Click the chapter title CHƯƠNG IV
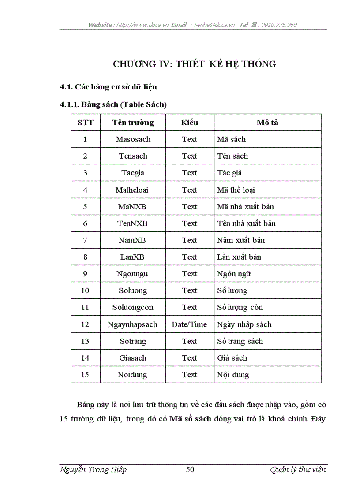pyautogui.click(x=195, y=64)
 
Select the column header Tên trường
pyautogui.click(x=133, y=123)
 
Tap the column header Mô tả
pyautogui.click(x=267, y=123)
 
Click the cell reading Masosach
pyautogui.click(x=133, y=139)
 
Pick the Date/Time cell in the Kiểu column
pyautogui.click(x=189, y=324)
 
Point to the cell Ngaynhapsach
pyautogui.click(x=132, y=324)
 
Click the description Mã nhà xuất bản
pyautogui.click(x=245, y=207)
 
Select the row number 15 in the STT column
pyautogui.click(x=85, y=375)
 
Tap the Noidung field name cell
pyautogui.click(x=132, y=375)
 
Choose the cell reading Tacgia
pyautogui.click(x=133, y=173)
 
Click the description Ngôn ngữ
pyautogui.click(x=234, y=274)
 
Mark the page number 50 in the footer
pyautogui.click(x=190, y=469)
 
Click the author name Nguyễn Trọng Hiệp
pyautogui.click(x=93, y=469)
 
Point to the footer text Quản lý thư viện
pyautogui.click(x=298, y=469)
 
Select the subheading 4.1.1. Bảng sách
pyautogui.click(x=113, y=104)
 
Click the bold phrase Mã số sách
pyautogui.click(x=190, y=419)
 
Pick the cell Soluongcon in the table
pyautogui.click(x=133, y=307)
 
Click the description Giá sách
pyautogui.click(x=232, y=358)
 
